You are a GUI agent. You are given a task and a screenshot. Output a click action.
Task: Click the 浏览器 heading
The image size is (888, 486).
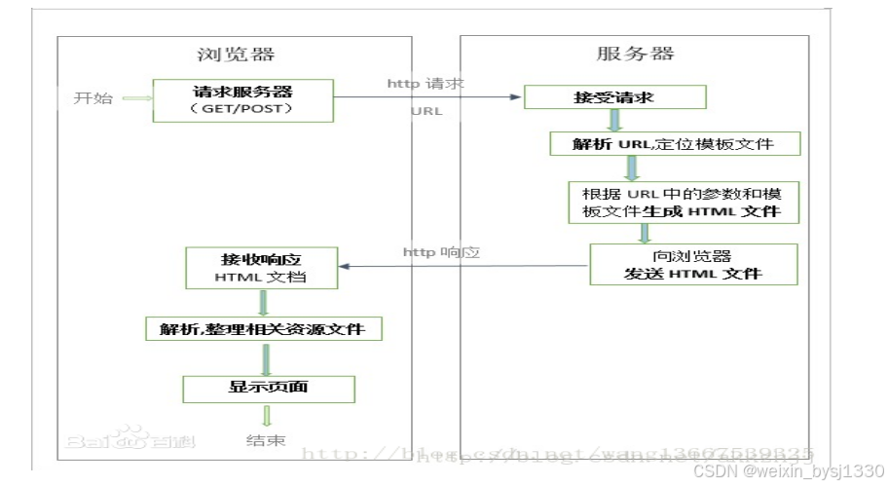(234, 56)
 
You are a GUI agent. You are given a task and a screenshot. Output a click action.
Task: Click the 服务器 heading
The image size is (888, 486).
(635, 54)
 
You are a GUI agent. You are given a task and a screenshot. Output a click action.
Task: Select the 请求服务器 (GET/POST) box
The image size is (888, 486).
(242, 100)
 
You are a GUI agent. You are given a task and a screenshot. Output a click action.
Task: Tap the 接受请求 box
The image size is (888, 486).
(613, 97)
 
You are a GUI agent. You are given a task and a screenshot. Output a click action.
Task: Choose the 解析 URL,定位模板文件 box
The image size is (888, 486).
(675, 144)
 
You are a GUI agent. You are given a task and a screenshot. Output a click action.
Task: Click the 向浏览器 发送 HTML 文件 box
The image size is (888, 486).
(692, 264)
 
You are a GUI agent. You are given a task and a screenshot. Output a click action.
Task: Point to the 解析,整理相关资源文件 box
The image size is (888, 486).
(263, 328)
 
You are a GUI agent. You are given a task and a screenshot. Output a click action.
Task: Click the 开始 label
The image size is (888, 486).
(93, 98)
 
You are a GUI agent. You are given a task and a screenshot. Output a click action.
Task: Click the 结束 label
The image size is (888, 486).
(266, 441)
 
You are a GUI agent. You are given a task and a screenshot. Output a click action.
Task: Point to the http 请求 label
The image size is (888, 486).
(425, 84)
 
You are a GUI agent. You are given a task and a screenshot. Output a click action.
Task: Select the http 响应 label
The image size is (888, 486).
(440, 252)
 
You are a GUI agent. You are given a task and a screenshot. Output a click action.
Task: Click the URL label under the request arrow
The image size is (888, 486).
(426, 111)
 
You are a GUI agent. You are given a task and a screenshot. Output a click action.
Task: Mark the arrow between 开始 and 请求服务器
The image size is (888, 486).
(136, 98)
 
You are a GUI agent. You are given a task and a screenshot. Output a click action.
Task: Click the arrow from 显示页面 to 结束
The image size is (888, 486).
(266, 416)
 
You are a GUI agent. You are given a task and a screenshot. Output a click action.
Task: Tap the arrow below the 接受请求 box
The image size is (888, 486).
(614, 120)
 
